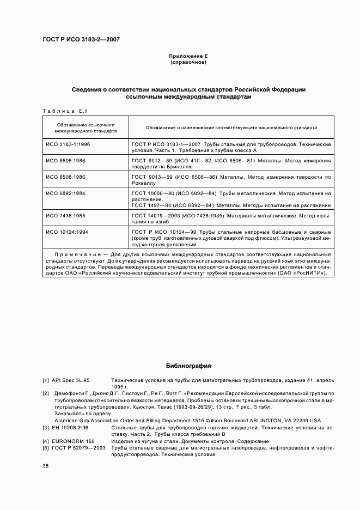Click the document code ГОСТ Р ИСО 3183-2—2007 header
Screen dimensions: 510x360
pyautogui.click(x=81, y=40)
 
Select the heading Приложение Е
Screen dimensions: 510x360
pyautogui.click(x=188, y=56)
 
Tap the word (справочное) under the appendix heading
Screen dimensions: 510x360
pyautogui.click(x=188, y=63)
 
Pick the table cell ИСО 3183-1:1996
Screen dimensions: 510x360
pyautogui.click(x=68, y=144)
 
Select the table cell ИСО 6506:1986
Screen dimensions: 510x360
pyautogui.click(x=65, y=161)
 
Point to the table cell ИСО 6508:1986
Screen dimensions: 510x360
pyautogui.click(x=65, y=178)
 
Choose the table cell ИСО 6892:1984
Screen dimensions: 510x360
pyautogui.click(x=65, y=194)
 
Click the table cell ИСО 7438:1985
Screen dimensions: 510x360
pyautogui.click(x=65, y=216)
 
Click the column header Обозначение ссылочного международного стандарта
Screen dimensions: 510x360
pyautogui.click(x=86, y=128)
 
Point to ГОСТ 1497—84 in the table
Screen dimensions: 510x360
pyautogui.click(x=150, y=205)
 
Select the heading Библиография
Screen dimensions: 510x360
pyautogui.click(x=188, y=366)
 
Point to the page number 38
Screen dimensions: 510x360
pyautogui.click(x=46, y=466)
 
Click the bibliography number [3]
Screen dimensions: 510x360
pyautogui.click(x=46, y=428)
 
